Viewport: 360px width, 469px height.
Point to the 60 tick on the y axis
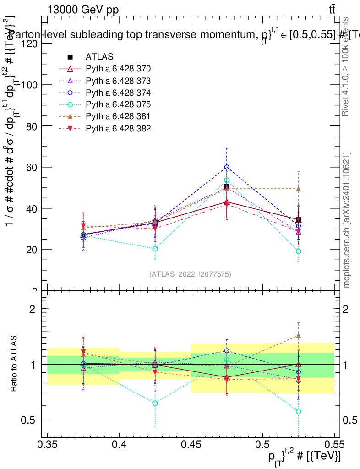[33, 167]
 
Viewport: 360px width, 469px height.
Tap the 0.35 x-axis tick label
[48, 444]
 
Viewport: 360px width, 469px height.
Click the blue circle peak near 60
[227, 167]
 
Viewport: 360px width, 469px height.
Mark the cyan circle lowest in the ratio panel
[298, 411]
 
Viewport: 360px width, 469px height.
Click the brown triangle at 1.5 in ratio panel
[298, 335]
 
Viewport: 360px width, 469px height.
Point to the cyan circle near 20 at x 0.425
[155, 249]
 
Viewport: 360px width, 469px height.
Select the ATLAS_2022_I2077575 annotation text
[190, 274]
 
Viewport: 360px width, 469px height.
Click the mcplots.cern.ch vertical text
[347, 220]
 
